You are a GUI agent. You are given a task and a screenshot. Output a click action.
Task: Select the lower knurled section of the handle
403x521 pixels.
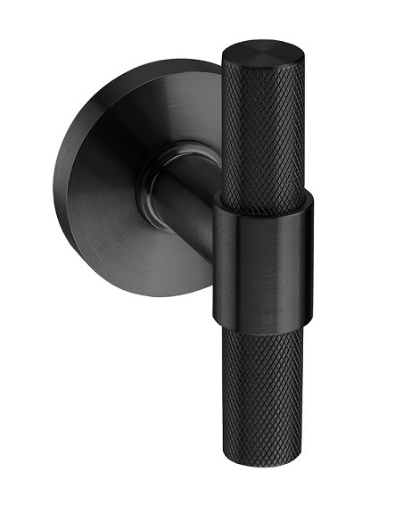tap(262, 393)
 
